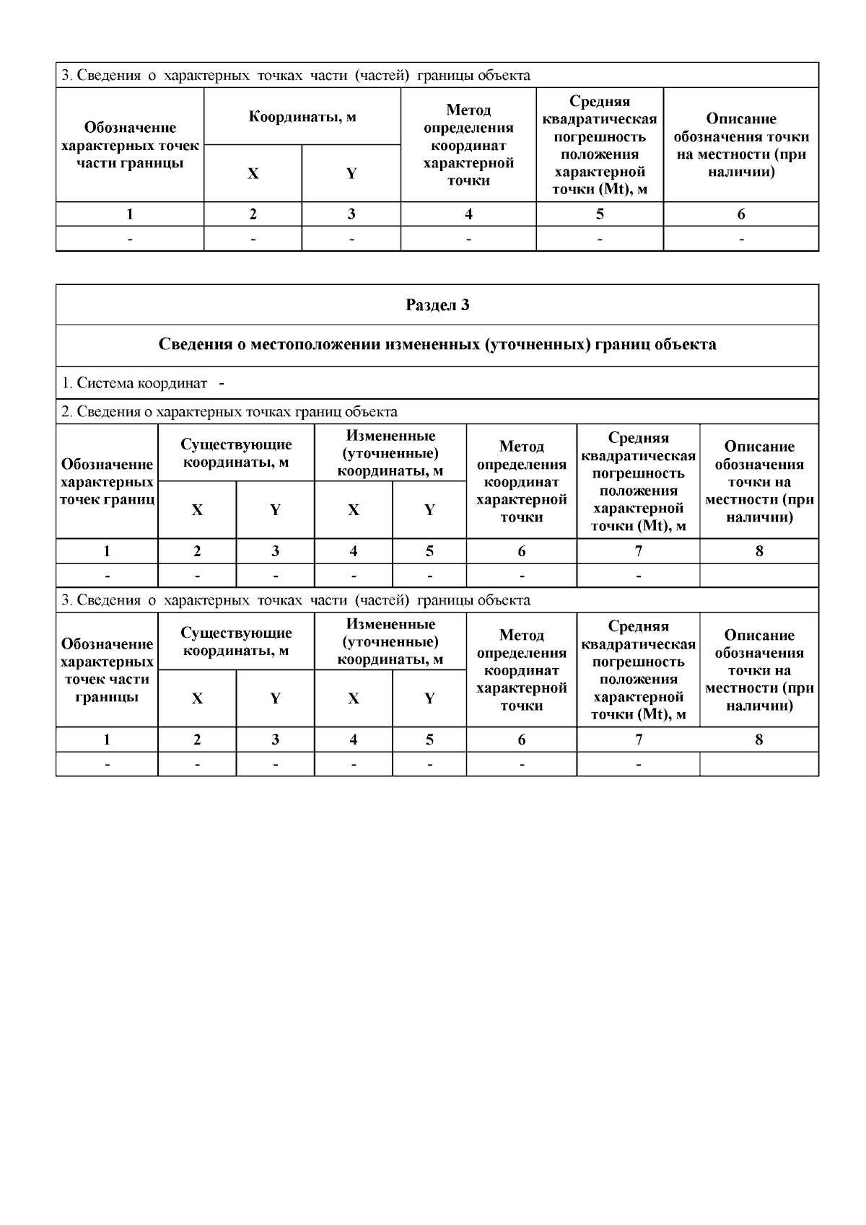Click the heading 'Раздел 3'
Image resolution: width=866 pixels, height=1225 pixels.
point(437,305)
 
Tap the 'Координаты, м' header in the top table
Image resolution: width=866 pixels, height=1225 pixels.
point(302,117)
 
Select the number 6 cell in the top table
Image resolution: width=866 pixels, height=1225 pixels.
point(741,214)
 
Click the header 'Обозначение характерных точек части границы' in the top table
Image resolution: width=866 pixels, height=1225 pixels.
point(130,145)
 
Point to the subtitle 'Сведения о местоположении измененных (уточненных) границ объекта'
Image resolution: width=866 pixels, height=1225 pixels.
point(437,345)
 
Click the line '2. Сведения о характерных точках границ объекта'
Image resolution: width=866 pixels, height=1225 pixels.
point(229,412)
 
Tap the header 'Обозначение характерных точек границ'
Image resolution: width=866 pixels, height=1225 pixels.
point(107,481)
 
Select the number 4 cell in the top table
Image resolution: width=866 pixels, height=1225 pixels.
point(468,214)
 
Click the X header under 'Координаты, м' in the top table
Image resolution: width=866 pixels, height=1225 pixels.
point(253,174)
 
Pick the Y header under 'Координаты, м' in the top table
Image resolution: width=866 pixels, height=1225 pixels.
point(351,174)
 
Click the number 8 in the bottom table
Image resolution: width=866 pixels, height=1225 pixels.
point(759,739)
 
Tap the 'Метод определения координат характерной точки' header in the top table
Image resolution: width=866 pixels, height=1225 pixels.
point(468,145)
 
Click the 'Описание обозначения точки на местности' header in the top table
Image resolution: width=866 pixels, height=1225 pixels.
point(741,145)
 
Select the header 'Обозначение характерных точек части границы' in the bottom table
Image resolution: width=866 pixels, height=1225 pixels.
point(107,670)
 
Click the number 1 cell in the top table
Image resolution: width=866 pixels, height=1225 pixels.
point(130,214)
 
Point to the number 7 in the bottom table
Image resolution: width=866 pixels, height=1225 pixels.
point(638,739)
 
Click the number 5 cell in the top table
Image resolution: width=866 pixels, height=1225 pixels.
point(600,214)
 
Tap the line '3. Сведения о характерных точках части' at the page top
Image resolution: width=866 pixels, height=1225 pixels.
point(296,76)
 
